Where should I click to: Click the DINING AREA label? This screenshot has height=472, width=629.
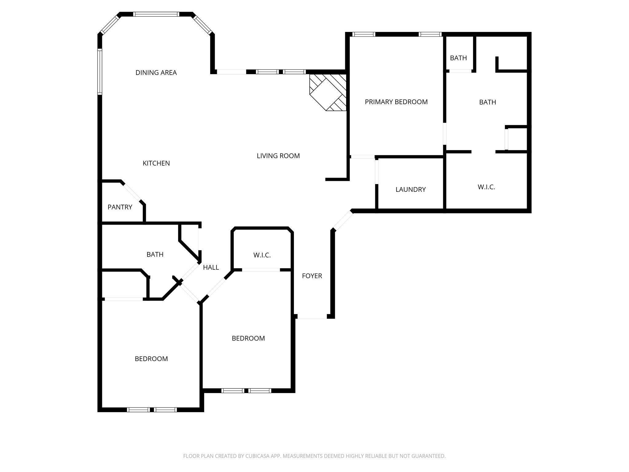[x=156, y=73]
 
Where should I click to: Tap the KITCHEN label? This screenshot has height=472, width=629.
[x=156, y=163]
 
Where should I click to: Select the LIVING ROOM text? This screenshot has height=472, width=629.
[x=278, y=156]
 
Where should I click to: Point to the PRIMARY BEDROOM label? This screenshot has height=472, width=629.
[x=396, y=102]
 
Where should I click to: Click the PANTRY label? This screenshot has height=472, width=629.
[x=120, y=207]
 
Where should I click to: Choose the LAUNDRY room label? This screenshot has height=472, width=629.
[x=411, y=189]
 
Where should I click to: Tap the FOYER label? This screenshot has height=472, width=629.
[x=312, y=276]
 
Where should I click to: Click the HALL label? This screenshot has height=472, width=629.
[x=211, y=267]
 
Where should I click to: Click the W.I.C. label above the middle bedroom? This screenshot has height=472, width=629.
[x=262, y=255]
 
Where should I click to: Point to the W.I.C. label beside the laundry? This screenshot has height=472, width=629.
[x=486, y=187]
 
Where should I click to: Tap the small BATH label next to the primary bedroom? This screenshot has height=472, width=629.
[x=459, y=58]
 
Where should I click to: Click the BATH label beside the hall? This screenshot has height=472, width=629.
[x=155, y=254]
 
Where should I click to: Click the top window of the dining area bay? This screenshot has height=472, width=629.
[x=156, y=14]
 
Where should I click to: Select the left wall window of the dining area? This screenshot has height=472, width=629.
[x=100, y=72]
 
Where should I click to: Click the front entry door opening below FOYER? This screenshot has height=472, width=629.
[x=312, y=317]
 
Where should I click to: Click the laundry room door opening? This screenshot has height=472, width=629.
[x=377, y=172]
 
